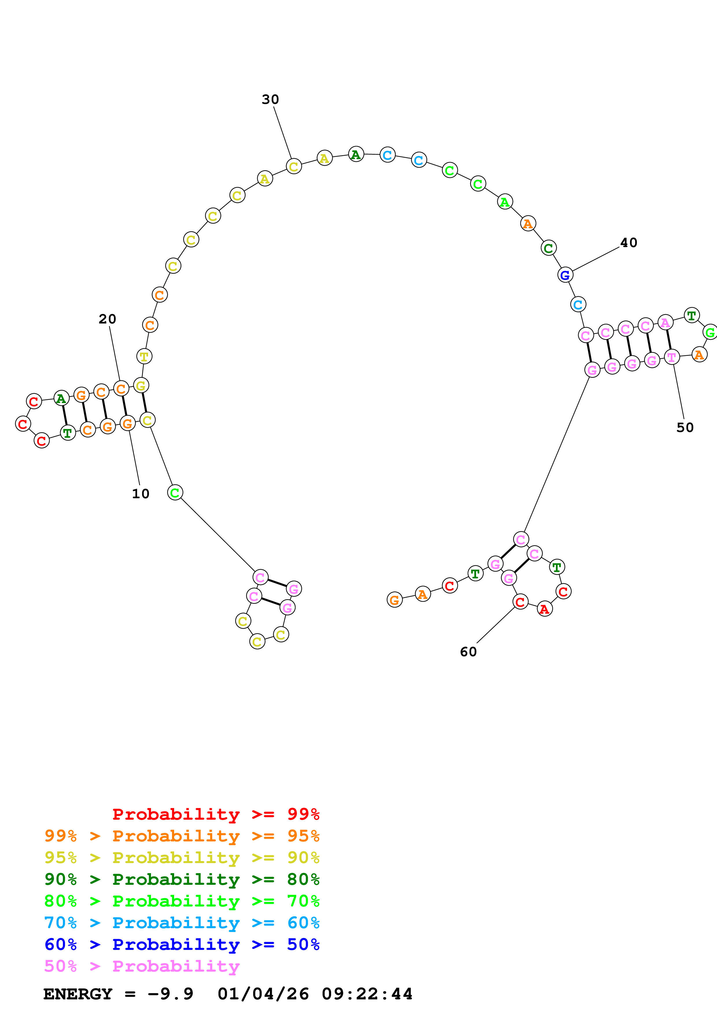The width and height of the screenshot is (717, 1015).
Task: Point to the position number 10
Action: coord(141,494)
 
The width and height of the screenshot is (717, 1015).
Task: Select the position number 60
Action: coord(468,652)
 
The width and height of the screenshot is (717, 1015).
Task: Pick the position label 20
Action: coord(107,319)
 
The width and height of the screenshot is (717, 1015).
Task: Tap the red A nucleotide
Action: coord(544,609)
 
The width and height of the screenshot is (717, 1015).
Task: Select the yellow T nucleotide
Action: coord(144,356)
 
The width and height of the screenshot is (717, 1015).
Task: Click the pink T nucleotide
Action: coord(672,357)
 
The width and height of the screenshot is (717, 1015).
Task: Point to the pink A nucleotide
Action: coord(665,323)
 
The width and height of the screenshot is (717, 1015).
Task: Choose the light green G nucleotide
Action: coord(709,332)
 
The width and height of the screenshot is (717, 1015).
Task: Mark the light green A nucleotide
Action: coord(504,202)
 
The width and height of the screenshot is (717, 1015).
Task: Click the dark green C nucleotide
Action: coord(548,248)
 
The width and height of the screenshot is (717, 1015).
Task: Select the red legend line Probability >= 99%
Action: coord(215,814)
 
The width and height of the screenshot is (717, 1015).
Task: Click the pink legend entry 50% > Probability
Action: coord(142,966)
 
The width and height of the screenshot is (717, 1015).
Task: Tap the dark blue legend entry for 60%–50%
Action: coord(182,945)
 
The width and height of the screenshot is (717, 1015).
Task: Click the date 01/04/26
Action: coord(263,994)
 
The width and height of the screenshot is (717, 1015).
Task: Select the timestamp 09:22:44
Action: coord(367,994)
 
